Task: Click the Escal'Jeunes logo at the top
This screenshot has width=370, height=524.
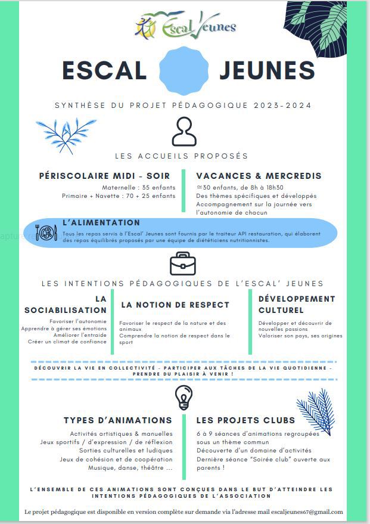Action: pyautogui.click(x=185, y=25)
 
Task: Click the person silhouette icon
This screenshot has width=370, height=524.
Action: pyautogui.click(x=184, y=132)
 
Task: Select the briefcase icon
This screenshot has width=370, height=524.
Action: pyautogui.click(x=183, y=263)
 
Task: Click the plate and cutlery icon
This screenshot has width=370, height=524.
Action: pyautogui.click(x=46, y=232)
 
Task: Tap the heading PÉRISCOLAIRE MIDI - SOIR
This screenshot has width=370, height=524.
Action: pyautogui.click(x=104, y=176)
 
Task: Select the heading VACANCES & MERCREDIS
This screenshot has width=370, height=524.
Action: pyautogui.click(x=259, y=176)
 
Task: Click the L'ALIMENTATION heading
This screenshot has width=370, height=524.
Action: pyautogui.click(x=101, y=222)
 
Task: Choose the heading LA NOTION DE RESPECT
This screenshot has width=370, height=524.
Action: pyautogui.click(x=175, y=305)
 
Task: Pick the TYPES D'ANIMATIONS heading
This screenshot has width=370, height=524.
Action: pyautogui.click(x=118, y=420)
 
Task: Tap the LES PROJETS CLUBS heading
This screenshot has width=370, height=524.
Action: pyautogui.click(x=245, y=420)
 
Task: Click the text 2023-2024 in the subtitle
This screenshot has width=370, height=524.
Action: pyautogui.click(x=282, y=106)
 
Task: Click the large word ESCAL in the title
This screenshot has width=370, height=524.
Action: pyautogui.click(x=104, y=70)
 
